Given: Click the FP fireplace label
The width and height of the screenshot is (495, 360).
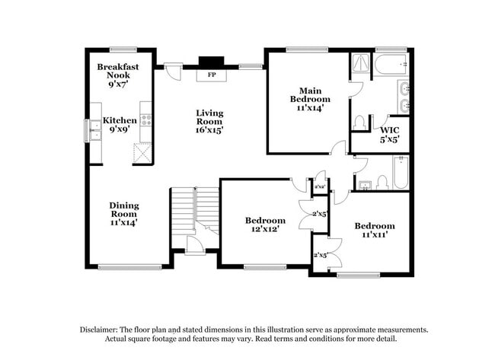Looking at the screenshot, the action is point(212,75).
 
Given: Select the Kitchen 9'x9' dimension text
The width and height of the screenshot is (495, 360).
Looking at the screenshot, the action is point(120,129).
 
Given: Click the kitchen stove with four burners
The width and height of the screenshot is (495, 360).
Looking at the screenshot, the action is point(146,120).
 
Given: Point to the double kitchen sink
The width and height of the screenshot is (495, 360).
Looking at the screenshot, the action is point(95,130).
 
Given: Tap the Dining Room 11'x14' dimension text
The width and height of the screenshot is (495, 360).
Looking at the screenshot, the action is point(124,222).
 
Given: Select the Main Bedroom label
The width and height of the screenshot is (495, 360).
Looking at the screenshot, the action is point(310,95).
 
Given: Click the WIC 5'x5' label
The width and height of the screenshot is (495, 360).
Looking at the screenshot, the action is point(390,135).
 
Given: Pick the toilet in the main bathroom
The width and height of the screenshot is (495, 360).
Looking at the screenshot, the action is point(359,123).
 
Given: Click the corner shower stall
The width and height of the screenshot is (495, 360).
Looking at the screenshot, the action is point(360,65).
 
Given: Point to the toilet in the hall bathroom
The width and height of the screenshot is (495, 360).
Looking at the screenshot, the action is point(382,183).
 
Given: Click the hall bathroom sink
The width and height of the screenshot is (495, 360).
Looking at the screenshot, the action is point(365,185).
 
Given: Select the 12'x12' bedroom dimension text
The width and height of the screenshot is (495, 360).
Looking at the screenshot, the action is point(265,229).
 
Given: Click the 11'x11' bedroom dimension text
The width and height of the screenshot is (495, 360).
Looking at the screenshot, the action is point(375,234).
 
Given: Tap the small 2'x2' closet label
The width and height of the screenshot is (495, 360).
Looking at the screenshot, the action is point(320,186).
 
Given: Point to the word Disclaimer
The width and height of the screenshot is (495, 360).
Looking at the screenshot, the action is point(98,330).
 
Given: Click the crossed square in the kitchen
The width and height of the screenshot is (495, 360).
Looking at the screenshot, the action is point(142,153).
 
